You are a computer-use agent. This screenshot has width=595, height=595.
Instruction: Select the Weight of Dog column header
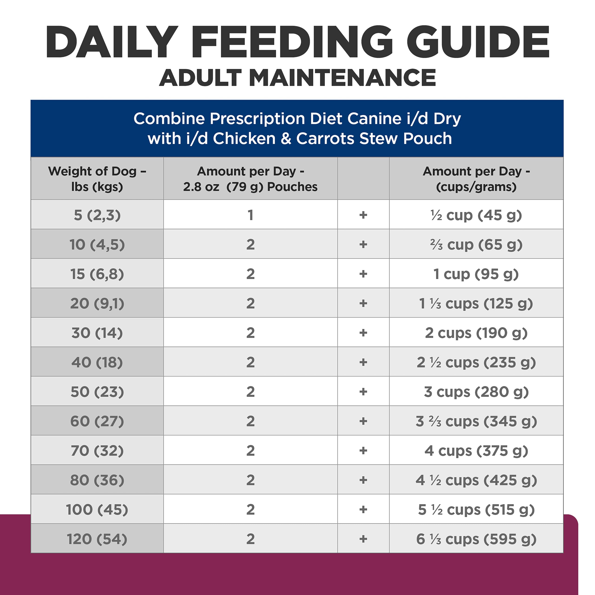97,179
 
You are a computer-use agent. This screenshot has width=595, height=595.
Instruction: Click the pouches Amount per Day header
250,179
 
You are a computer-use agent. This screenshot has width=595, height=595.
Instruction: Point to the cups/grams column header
476,179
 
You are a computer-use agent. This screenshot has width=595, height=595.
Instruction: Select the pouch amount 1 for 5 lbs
250,215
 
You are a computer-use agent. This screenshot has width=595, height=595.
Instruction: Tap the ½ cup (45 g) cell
476,215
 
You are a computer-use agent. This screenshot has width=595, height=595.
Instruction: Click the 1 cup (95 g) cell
476,274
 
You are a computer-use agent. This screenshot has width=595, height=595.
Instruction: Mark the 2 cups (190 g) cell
476,333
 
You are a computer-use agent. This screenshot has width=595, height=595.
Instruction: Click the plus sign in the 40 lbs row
363,362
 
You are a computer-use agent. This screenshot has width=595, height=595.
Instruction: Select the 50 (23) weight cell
97,392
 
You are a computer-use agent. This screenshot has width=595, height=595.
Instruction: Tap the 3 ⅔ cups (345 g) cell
476,421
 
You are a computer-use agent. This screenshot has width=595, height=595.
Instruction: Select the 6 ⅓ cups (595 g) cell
476,539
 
